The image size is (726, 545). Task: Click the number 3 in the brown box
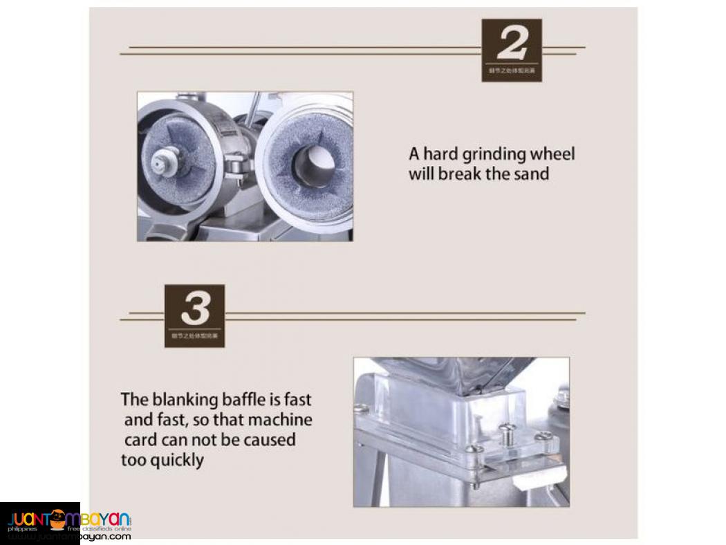[x=194, y=308]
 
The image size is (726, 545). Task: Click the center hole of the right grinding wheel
[x=314, y=167]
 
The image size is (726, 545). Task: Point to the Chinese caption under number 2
[x=512, y=71]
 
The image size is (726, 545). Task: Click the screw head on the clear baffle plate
[x=506, y=431]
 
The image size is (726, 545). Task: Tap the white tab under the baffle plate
[x=542, y=476]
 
